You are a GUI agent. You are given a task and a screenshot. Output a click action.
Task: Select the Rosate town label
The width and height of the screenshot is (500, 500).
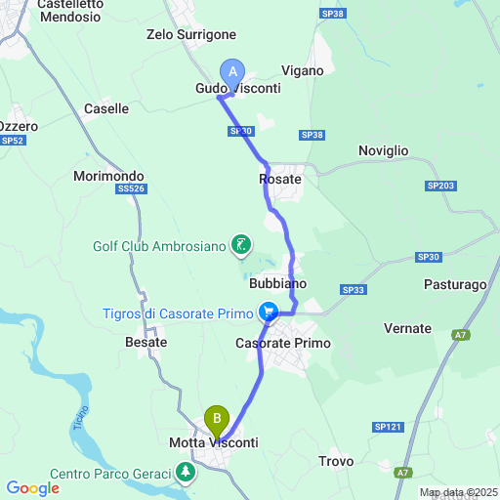[279, 180]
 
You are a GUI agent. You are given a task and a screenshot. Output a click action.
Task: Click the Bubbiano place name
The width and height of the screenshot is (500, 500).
[277, 283]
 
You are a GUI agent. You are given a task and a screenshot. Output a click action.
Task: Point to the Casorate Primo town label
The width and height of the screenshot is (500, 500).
[283, 344]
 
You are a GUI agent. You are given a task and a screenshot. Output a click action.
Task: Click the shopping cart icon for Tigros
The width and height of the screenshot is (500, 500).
[268, 313]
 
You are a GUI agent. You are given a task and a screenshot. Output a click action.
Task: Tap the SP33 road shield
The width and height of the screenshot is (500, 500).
[353, 290]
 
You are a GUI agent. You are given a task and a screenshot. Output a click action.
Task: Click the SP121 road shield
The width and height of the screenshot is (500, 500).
[388, 427]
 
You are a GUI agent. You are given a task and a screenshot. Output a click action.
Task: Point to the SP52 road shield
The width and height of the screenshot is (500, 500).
[13, 141]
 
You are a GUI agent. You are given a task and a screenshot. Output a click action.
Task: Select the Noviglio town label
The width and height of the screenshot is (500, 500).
[383, 150]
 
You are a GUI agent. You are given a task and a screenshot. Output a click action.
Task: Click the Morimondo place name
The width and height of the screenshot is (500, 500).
[108, 177]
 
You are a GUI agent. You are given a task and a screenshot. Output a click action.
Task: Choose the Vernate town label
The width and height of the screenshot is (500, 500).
[407, 328]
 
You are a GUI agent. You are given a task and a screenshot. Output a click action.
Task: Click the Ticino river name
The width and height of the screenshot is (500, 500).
[81, 422]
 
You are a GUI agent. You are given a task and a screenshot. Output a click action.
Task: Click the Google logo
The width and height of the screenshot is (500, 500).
[32, 488]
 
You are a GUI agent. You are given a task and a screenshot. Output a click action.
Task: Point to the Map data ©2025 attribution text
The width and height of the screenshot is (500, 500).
[458, 491]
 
